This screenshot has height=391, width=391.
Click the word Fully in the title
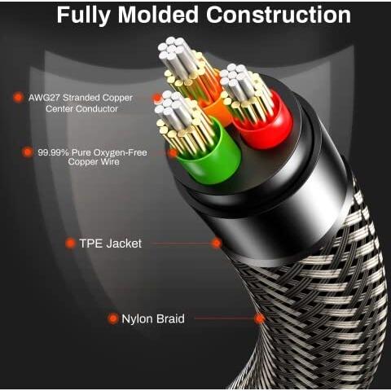(84, 15)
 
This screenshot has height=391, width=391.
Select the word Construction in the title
(279, 15)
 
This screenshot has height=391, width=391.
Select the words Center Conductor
(81, 109)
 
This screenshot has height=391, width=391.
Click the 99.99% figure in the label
(53, 152)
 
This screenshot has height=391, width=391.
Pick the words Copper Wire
(94, 162)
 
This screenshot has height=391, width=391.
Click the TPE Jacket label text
(110, 244)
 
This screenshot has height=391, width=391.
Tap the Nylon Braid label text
(153, 319)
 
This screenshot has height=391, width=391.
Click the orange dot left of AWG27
(18, 97)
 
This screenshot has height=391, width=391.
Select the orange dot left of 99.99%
(28, 152)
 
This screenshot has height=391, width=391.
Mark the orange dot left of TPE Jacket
(70, 244)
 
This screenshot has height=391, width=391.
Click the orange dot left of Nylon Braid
(112, 319)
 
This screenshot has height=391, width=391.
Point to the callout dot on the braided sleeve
(260, 319)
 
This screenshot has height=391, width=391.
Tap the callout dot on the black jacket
(217, 243)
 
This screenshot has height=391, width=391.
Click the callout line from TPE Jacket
(181, 244)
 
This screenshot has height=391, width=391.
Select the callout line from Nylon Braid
(225, 319)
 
